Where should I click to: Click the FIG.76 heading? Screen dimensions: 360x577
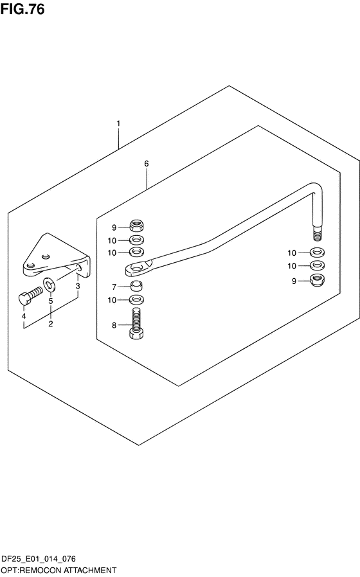point(22,8)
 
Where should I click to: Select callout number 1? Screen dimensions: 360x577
point(118,123)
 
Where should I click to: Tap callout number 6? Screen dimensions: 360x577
point(147,163)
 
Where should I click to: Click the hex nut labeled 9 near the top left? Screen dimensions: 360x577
point(136,225)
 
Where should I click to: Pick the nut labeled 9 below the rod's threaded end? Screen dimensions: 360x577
point(318,280)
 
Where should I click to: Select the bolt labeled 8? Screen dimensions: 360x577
point(136,323)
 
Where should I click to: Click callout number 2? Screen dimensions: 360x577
point(50,324)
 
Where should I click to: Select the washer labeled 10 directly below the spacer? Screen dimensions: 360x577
point(136,299)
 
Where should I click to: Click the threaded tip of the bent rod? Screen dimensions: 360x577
point(318,234)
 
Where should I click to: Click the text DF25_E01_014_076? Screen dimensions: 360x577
point(39,559)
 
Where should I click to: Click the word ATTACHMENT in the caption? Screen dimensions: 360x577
point(93,571)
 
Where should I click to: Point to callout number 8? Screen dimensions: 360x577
point(114,325)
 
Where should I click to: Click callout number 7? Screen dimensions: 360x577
point(114,287)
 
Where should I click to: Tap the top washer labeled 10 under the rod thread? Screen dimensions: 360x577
point(318,253)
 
